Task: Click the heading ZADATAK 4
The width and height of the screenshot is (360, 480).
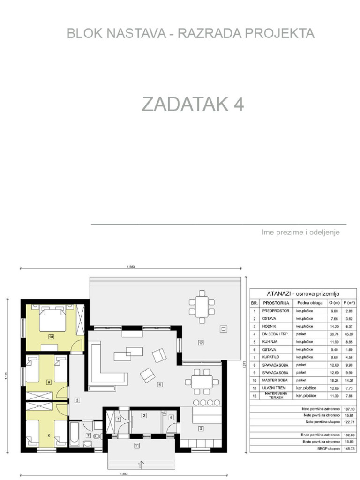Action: click(193, 105)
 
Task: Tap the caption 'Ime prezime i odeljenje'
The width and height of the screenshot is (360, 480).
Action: click(300, 232)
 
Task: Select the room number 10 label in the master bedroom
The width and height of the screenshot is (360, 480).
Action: click(51, 336)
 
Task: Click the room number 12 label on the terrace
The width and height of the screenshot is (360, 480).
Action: click(201, 343)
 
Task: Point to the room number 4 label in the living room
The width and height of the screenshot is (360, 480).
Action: click(160, 384)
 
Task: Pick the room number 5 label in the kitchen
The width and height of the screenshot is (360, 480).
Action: click(201, 428)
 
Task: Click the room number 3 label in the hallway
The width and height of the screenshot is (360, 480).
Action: click(77, 400)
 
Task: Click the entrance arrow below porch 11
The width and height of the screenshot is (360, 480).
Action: click(140, 465)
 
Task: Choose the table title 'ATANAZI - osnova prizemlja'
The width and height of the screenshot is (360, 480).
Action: click(302, 293)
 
